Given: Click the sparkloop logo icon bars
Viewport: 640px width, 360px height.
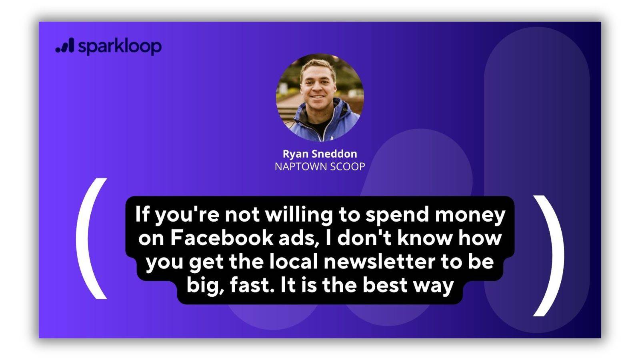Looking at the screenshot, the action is click(64, 46).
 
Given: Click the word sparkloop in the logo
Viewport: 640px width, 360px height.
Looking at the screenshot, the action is click(120, 46).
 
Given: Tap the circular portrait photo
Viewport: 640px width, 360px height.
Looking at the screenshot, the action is click(320, 98).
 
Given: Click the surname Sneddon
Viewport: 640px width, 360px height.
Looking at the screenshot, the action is click(334, 154).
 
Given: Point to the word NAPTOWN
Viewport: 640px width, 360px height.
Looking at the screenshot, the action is click(301, 166).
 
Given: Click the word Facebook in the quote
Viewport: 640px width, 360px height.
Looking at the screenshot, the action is click(222, 238).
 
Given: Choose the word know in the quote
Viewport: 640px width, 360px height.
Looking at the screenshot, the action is click(426, 238).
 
